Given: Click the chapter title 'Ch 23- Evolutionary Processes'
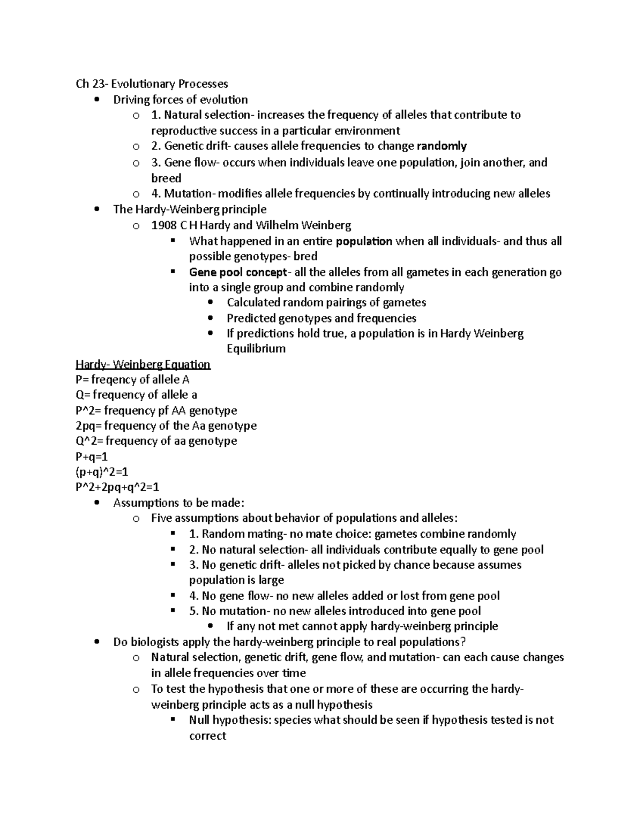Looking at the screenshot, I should coord(152,84).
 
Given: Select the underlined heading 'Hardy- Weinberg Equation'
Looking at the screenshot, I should coord(143,364).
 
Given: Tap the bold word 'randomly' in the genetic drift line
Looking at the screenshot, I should coord(442,146).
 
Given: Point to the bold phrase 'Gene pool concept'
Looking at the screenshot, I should coord(238,272).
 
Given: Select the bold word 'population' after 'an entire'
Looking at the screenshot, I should coord(364,241).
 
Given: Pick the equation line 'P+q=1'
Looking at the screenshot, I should coord(92,456).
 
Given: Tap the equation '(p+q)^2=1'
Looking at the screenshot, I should coord(102,472).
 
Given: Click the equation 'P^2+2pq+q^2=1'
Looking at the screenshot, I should coord(117,488).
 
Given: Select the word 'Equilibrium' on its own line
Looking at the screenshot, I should coord(256,349).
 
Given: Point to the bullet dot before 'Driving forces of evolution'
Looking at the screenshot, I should coord(96,100).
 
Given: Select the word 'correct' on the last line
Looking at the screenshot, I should coord(207,736).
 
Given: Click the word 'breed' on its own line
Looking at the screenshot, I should coord(166,178).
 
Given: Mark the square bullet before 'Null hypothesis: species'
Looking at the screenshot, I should coord(173,719).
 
